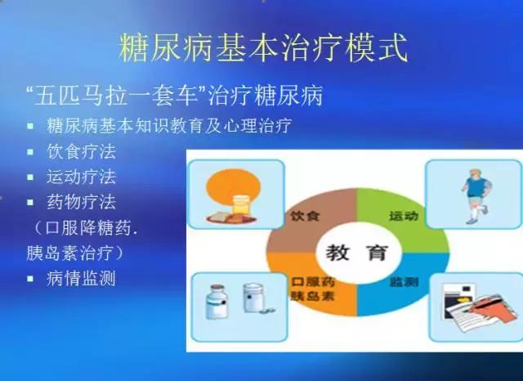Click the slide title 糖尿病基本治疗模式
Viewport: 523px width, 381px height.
coord(263,47)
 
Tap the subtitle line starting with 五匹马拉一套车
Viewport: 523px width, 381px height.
coord(174,96)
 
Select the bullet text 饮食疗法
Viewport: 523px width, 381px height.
coord(82,152)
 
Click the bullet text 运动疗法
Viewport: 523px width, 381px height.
coord(82,177)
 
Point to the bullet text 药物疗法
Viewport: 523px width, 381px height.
coord(82,202)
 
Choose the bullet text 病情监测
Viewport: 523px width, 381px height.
coord(82,278)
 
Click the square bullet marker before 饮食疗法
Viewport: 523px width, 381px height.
coord(30,152)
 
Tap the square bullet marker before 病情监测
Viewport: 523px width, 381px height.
coord(30,279)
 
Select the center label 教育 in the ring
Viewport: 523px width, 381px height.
coord(357,253)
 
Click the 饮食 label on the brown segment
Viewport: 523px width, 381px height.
coord(305,216)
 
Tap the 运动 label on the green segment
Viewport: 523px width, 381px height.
coord(404,216)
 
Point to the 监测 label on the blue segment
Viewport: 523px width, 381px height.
coord(404,282)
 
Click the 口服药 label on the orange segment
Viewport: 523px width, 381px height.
coord(313,282)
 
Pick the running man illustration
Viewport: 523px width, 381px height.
coord(476,196)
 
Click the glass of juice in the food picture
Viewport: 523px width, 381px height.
coord(242,205)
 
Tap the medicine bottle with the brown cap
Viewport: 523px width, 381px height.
coord(217,302)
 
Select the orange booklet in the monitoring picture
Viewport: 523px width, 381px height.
coord(491,308)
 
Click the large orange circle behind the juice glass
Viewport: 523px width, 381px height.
coord(233,189)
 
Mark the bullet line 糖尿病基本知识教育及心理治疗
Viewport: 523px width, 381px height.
coord(169,126)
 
